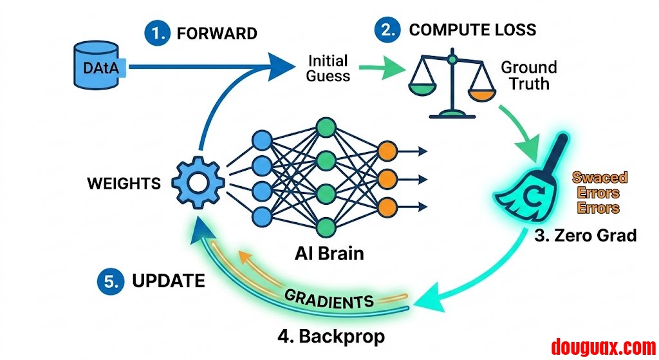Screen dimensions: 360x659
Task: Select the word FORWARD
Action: pyautogui.click(x=217, y=34)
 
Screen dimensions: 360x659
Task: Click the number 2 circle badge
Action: pyautogui.click(x=389, y=30)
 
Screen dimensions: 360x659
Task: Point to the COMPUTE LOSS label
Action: pyautogui.click(x=472, y=30)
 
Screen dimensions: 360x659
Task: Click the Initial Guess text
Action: pyautogui.click(x=328, y=68)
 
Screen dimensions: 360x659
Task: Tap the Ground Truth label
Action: pyautogui.click(x=529, y=75)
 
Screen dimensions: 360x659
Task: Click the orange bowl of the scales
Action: pyautogui.click(x=481, y=95)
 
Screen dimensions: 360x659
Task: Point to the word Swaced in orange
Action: pyautogui.click(x=600, y=178)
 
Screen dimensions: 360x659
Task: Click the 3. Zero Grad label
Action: pyautogui.click(x=586, y=235)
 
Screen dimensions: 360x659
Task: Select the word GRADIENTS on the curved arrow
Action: pyautogui.click(x=329, y=298)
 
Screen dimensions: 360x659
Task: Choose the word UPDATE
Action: pyautogui.click(x=169, y=281)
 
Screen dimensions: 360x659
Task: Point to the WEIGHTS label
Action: pyautogui.click(x=124, y=184)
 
